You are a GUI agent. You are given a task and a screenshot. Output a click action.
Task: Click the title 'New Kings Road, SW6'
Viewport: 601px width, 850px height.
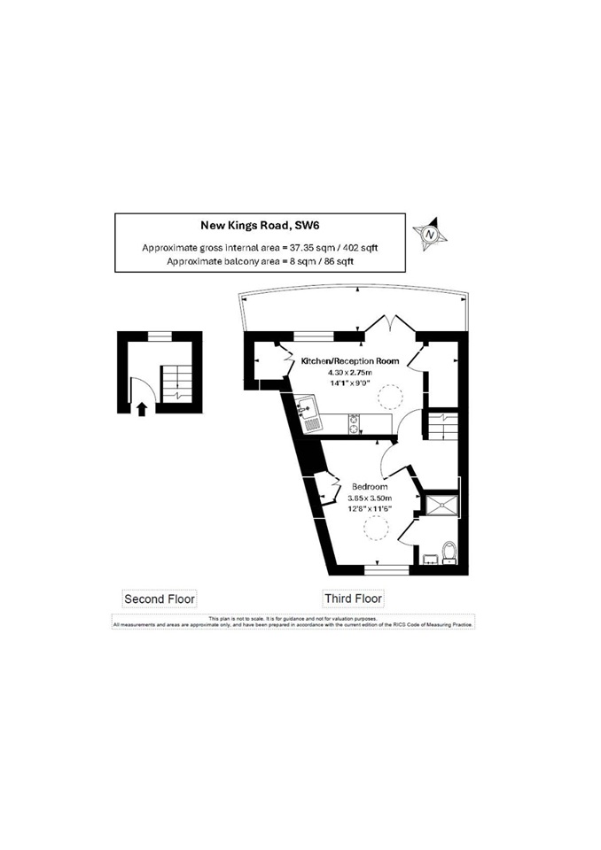(259, 226)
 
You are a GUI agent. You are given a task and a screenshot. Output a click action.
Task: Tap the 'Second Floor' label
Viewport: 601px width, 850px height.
(159, 599)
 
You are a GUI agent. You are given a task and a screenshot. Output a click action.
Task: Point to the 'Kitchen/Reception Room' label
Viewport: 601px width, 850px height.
(349, 361)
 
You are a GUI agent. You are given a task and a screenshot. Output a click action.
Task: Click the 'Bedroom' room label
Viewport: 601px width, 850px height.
(369, 487)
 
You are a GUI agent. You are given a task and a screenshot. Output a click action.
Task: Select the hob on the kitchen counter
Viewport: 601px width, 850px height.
(355, 424)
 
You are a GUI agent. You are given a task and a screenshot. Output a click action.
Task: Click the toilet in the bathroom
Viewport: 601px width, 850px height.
(449, 552)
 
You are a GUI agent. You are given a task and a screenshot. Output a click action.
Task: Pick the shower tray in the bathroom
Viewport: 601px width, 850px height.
(442, 505)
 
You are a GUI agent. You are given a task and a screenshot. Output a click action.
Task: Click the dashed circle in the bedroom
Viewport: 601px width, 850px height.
(376, 529)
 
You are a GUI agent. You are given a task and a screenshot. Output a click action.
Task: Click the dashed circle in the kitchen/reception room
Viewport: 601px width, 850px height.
(388, 396)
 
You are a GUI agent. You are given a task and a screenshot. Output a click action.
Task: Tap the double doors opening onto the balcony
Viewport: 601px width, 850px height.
(389, 326)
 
